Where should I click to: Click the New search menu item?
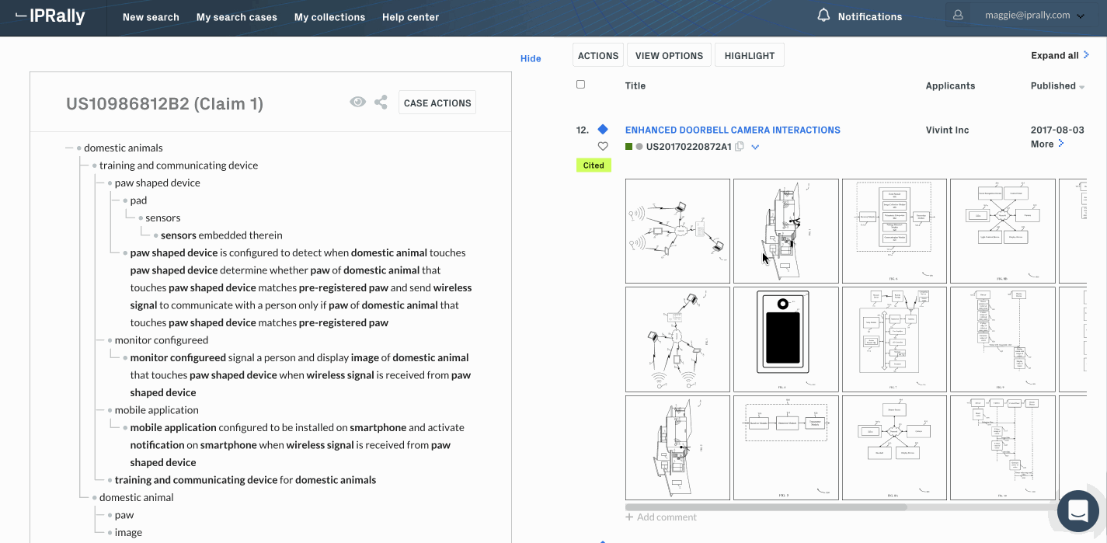click(151, 17)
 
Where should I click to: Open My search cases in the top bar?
click(236, 17)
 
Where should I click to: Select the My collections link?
click(329, 17)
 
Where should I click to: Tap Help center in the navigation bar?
click(410, 17)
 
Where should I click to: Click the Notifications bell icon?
click(824, 16)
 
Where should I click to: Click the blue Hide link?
click(531, 58)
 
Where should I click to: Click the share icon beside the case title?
click(381, 102)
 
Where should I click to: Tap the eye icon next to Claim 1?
click(357, 102)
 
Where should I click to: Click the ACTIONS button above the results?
click(598, 56)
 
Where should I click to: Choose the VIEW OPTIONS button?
click(669, 56)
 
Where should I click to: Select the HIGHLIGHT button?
click(750, 56)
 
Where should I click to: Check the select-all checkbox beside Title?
click(580, 85)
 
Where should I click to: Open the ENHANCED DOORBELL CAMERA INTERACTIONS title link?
click(733, 130)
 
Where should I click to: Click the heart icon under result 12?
click(603, 146)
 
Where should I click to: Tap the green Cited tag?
click(594, 165)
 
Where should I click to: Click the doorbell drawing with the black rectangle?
click(785, 339)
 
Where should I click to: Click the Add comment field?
click(667, 517)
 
